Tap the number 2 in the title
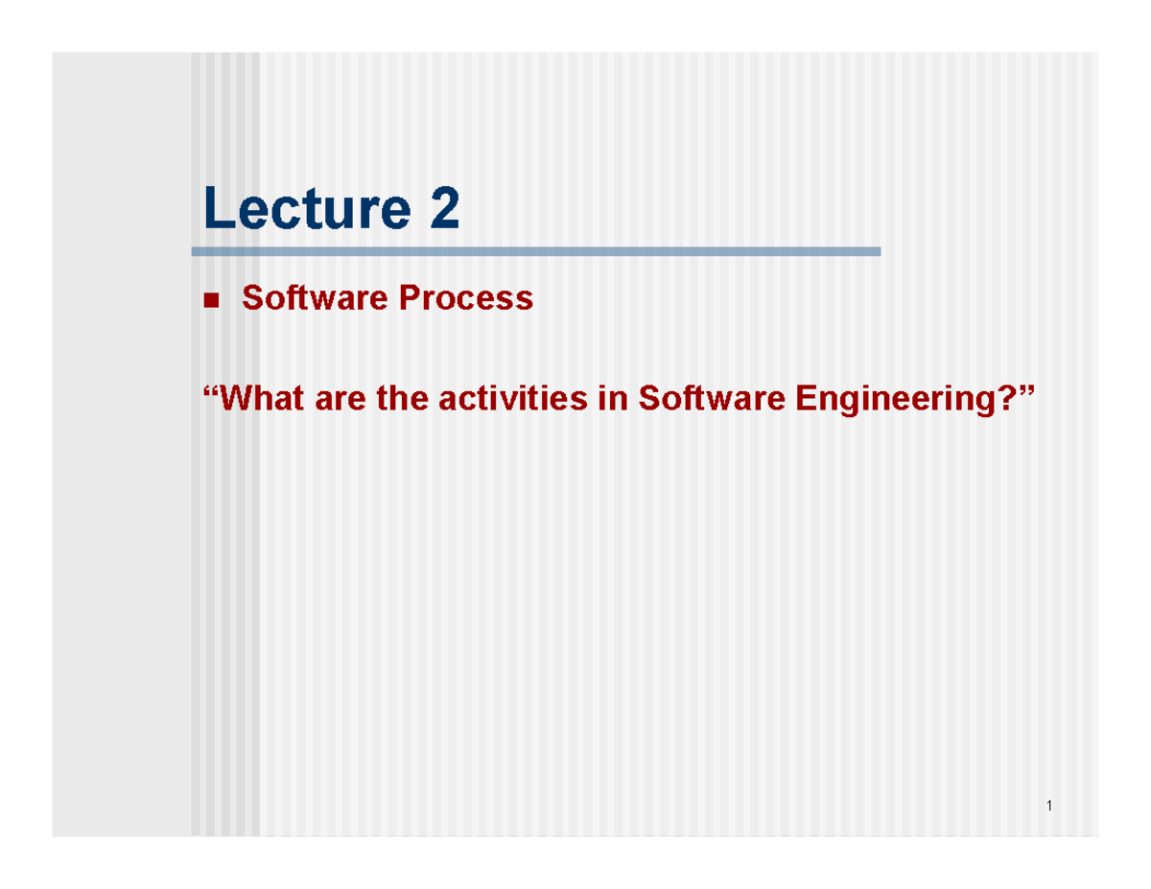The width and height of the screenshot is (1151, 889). (x=442, y=209)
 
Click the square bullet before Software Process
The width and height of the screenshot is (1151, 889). (x=211, y=301)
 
